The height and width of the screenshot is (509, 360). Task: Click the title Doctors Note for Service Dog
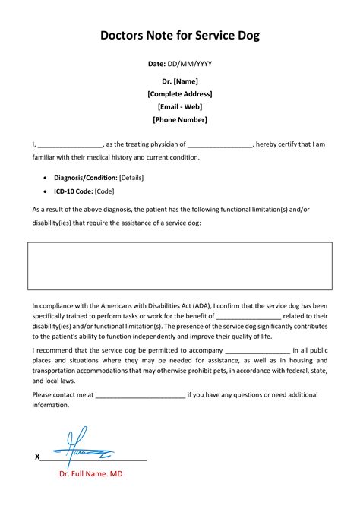click(x=179, y=36)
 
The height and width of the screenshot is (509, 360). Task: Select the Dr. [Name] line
click(x=179, y=81)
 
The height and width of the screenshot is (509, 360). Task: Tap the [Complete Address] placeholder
click(x=179, y=93)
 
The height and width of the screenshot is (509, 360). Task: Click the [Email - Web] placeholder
click(x=179, y=106)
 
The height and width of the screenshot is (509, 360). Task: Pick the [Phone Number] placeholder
click(x=179, y=119)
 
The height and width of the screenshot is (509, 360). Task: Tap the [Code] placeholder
click(x=105, y=191)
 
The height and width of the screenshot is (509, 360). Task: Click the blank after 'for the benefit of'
click(x=248, y=316)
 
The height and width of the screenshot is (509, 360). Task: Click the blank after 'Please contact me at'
click(x=141, y=395)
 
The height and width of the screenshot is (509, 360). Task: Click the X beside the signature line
click(x=37, y=457)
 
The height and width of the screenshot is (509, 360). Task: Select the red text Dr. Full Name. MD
click(x=90, y=473)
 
